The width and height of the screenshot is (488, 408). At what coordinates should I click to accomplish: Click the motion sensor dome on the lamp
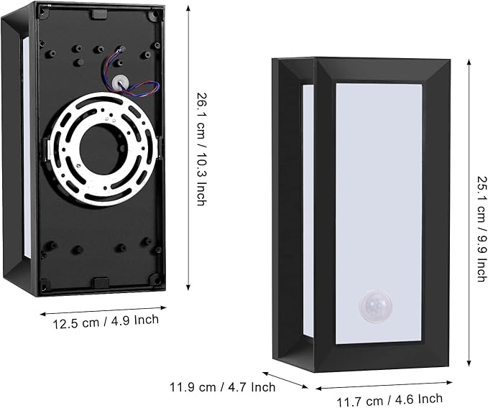coord(376,305)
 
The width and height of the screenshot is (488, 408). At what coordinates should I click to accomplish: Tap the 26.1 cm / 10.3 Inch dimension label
coord(201,149)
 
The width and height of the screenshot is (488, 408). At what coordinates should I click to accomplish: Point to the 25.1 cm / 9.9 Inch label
coord(482,229)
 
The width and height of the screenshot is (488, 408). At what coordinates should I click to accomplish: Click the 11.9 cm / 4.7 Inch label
coord(223,387)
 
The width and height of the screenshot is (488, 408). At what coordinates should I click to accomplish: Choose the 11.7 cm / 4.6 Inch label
coord(390,400)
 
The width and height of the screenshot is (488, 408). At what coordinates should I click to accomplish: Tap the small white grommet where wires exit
coord(120,82)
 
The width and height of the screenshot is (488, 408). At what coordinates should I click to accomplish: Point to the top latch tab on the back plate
coord(99,14)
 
